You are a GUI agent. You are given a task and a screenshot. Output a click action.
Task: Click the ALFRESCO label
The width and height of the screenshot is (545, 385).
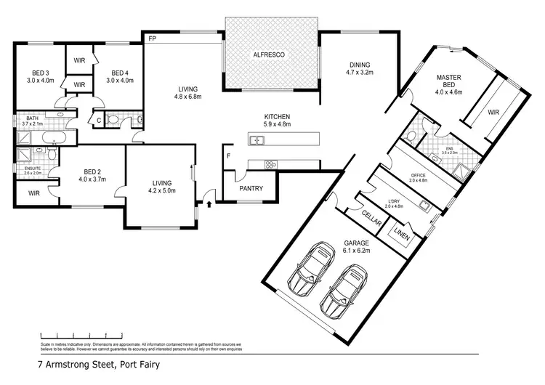[272, 55]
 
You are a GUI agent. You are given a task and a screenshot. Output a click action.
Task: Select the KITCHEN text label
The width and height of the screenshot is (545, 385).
[277, 116]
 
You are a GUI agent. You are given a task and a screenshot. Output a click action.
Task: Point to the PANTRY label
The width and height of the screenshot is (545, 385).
[251, 189]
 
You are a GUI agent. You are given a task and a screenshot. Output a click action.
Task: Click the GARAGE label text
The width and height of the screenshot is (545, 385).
[357, 243]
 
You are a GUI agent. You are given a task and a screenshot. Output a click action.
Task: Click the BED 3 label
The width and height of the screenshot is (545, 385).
[40, 72]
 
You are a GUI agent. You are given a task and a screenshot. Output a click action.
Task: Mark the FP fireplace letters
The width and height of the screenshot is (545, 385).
[153, 38]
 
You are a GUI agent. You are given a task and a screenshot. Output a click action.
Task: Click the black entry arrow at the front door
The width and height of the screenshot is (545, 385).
[209, 203]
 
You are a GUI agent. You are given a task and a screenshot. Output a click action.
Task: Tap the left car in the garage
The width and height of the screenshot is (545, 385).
[308, 270]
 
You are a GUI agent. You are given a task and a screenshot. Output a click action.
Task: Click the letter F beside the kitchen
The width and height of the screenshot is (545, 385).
[228, 155]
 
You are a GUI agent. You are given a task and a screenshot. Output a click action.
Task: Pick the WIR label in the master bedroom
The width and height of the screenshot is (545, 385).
[493, 113]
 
